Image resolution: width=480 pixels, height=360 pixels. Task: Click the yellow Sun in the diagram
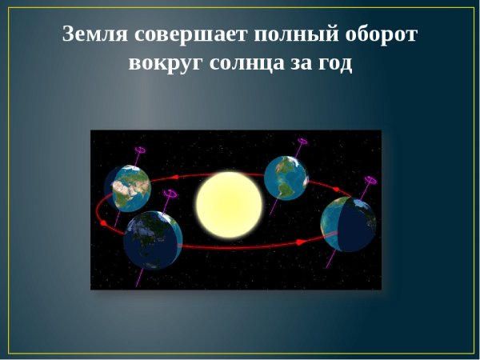(x=229, y=205)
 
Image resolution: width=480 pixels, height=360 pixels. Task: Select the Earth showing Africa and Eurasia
(x=127, y=187)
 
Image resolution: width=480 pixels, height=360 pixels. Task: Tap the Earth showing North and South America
(x=286, y=177)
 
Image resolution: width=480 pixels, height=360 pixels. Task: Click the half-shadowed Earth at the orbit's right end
(x=347, y=224)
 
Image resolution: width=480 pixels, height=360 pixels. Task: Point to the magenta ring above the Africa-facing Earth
(x=141, y=149)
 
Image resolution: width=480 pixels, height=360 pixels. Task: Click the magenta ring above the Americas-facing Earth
(x=302, y=142)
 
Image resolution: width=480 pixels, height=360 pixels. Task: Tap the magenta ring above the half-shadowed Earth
(x=370, y=181)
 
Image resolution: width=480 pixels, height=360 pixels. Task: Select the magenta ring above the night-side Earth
(x=170, y=193)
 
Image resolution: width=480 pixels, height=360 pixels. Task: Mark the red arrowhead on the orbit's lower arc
(x=300, y=241)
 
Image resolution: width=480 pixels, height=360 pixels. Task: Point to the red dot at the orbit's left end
(x=103, y=223)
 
